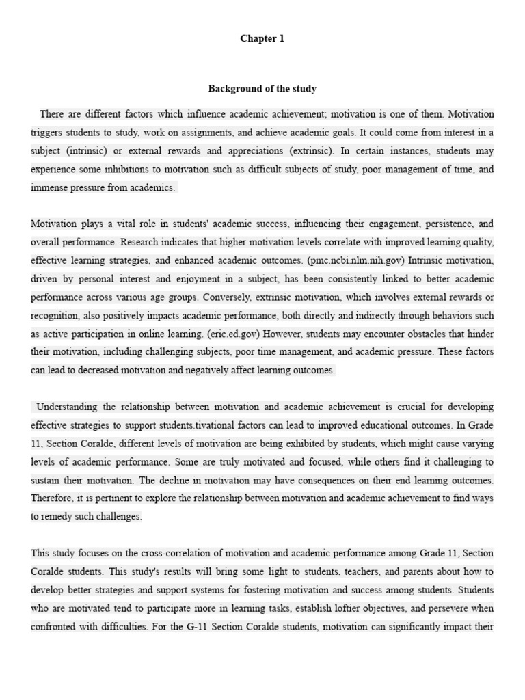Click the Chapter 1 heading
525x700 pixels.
262,39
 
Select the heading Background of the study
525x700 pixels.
262,89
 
